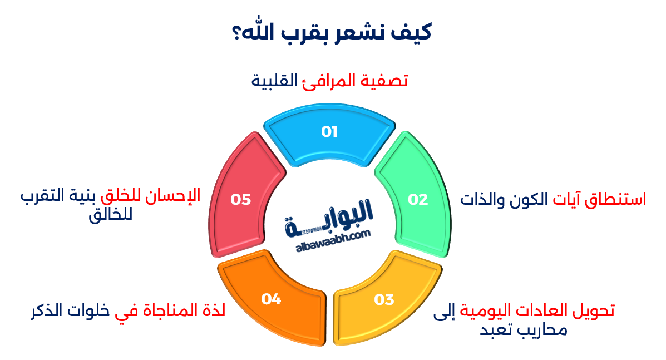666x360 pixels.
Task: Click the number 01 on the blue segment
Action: [329, 132]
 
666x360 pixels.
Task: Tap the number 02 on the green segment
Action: [418, 199]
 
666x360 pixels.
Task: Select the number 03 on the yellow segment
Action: [384, 299]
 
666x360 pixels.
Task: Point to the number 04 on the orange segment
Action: [271, 299]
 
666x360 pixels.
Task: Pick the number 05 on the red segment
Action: [241, 199]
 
